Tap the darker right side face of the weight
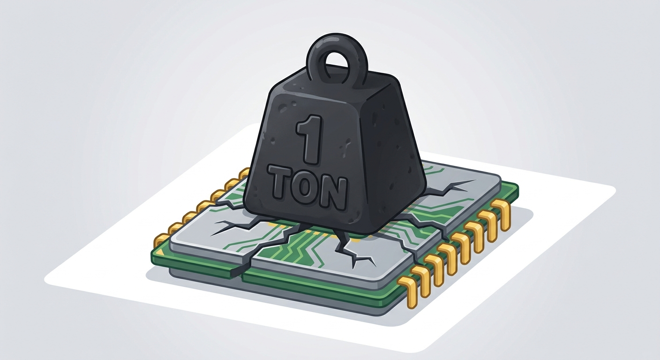coord(395,153)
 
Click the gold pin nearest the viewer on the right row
coord(405,290)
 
